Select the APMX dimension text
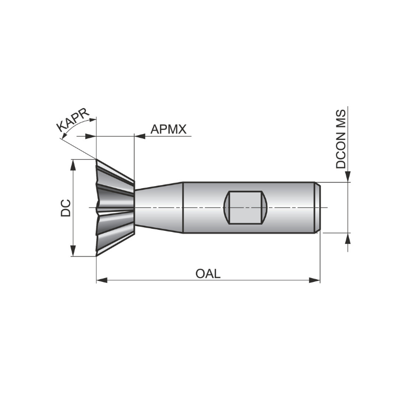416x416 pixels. (168, 129)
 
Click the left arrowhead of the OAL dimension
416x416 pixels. (101, 280)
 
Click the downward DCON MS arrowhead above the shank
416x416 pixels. (347, 177)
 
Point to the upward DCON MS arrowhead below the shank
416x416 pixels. (347, 239)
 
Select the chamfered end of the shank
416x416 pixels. (317, 207)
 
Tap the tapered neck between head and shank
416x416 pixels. (159, 207)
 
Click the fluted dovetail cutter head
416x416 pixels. (114, 207)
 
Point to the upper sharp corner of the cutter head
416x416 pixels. (97, 160)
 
